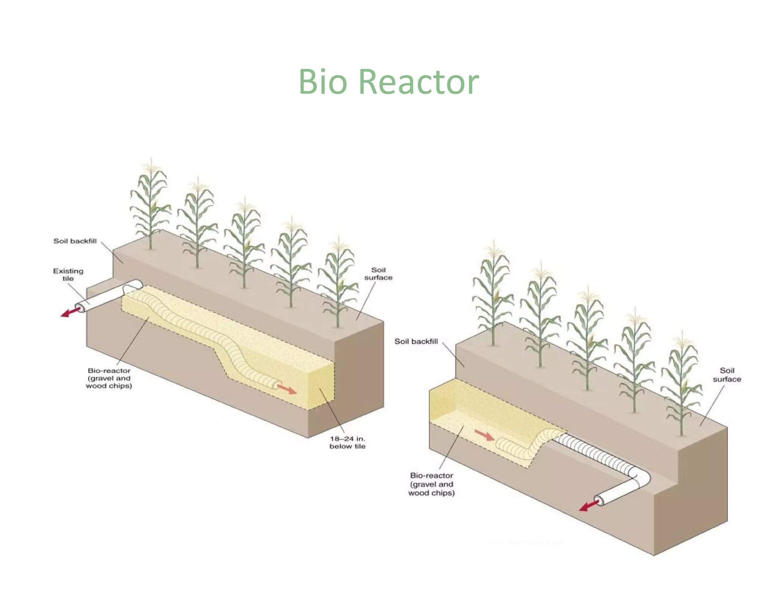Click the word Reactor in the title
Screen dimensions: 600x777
[x=419, y=82]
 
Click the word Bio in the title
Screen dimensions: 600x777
[x=322, y=82]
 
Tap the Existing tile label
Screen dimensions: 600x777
[x=68, y=275]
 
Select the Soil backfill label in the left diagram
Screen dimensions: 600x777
[x=75, y=241]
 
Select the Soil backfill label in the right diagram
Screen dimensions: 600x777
[x=416, y=341]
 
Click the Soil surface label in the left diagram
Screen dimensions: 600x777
[x=378, y=274]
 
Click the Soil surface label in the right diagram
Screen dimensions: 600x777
[x=727, y=375]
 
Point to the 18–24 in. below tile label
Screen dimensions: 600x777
[x=347, y=443]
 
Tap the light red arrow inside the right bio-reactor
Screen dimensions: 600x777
[x=484, y=435]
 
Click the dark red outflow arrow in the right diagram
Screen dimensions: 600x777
[x=588, y=506]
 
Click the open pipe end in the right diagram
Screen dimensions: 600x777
[x=599, y=500]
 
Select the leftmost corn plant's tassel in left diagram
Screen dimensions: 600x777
[x=151, y=167]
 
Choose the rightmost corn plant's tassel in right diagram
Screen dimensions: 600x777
[x=682, y=341]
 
